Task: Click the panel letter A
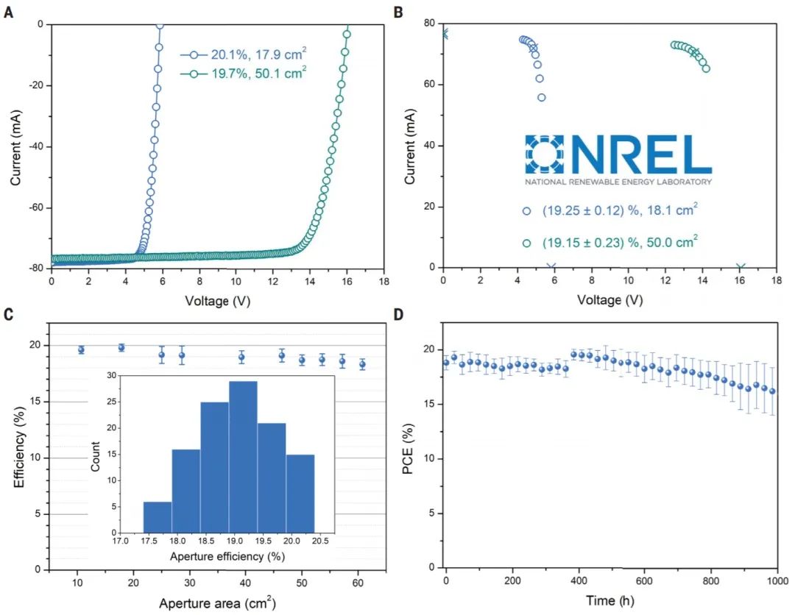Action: (9, 13)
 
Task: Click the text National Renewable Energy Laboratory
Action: (618, 181)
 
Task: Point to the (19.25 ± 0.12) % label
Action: (596, 211)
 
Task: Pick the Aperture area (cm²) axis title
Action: (216, 602)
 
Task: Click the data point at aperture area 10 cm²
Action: (81, 349)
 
